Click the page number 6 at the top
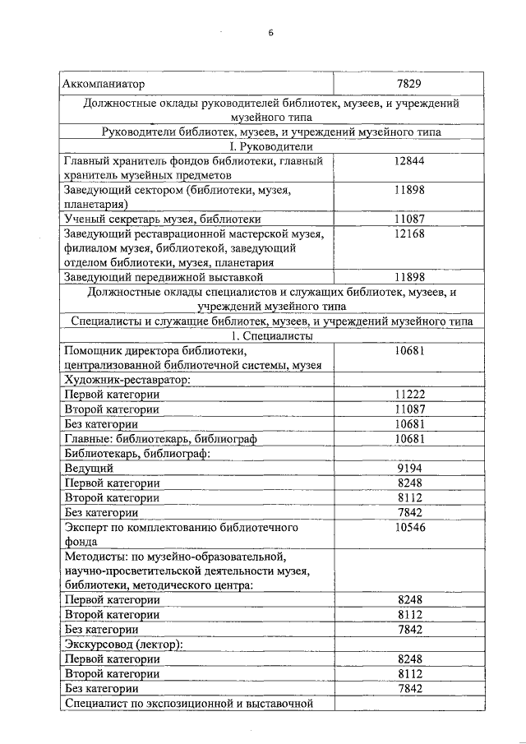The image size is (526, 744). point(270,34)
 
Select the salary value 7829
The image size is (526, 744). point(408,84)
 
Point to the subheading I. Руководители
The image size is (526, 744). point(270,146)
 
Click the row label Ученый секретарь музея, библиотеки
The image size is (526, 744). point(163,220)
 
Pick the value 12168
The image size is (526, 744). point(408,233)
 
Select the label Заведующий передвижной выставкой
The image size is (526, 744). point(155,277)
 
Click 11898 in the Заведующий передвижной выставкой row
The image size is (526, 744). point(408,277)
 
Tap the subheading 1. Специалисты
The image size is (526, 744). point(270,335)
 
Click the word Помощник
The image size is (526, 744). point(95,351)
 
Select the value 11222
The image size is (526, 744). point(408,395)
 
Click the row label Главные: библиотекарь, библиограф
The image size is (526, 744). point(160,439)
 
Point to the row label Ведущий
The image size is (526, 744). point(89,468)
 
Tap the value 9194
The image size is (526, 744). point(408,468)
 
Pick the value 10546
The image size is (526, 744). point(408,527)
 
